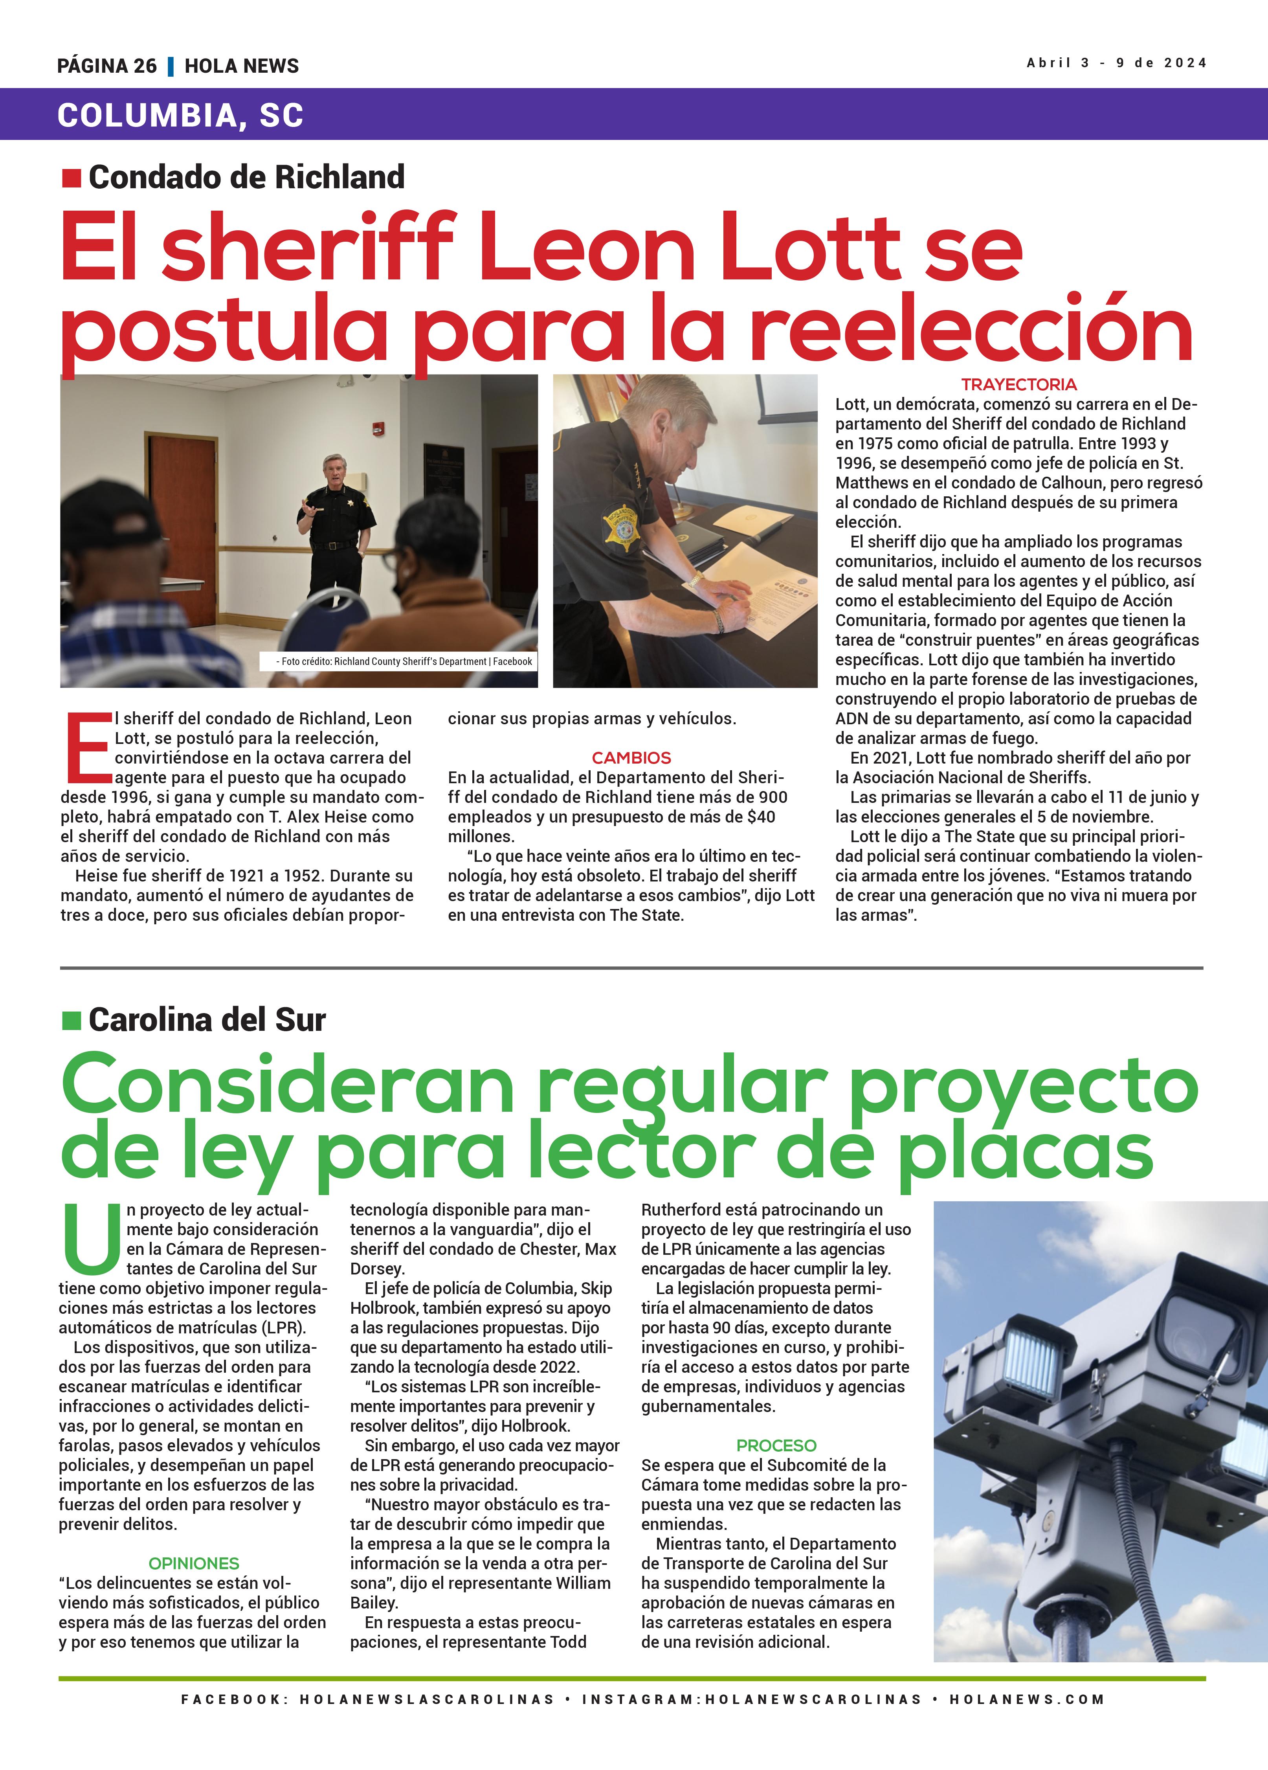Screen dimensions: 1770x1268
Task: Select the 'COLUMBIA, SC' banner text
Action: (180, 116)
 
